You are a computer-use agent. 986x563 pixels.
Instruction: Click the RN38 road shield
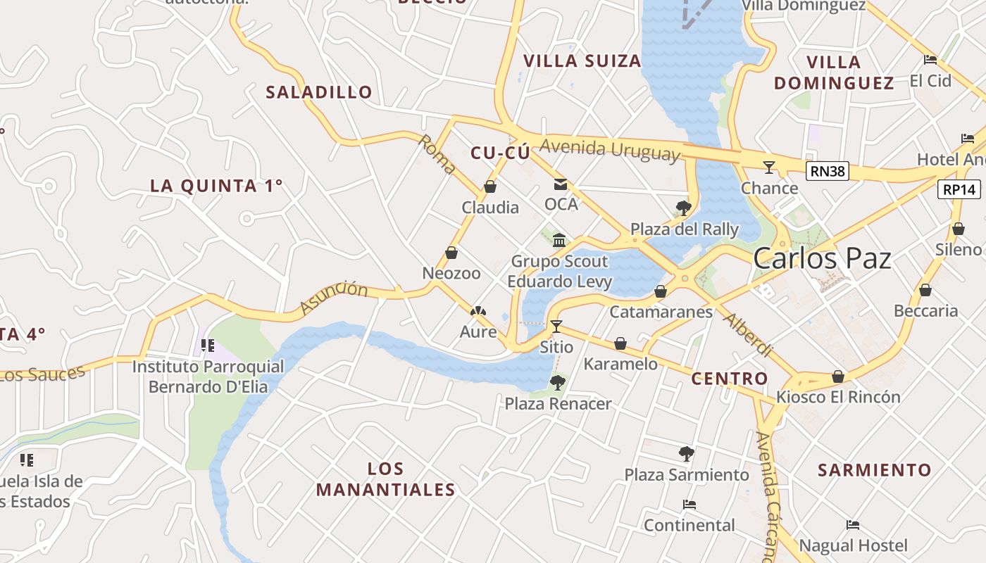828,171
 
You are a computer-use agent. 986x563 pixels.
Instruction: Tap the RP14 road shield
959,189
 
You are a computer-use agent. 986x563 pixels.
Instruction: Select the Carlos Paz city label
822,258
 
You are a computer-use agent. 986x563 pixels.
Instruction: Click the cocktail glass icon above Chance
769,167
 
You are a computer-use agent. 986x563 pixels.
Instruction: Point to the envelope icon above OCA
561,184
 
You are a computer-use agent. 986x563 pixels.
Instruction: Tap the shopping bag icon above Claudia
490,187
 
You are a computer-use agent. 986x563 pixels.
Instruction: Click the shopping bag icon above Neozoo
451,253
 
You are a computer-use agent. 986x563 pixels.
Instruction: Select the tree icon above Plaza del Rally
682,208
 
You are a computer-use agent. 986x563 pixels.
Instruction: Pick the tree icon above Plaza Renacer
557,383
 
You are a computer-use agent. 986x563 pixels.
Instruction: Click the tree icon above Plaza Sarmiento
687,454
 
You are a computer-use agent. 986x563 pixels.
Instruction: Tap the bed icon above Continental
689,505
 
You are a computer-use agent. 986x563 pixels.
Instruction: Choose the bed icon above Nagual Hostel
853,524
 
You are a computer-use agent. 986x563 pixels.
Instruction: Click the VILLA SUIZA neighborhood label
582,61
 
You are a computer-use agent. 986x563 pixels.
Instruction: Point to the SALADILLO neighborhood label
319,92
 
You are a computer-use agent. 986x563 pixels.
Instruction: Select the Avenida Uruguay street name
611,150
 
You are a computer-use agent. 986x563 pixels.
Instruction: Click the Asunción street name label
334,298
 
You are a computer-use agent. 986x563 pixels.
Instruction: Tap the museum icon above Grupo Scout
559,241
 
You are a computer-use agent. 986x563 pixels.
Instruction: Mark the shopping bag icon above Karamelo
620,343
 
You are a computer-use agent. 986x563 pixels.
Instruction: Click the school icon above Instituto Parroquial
208,345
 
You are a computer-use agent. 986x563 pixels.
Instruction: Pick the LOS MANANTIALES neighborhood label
385,479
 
